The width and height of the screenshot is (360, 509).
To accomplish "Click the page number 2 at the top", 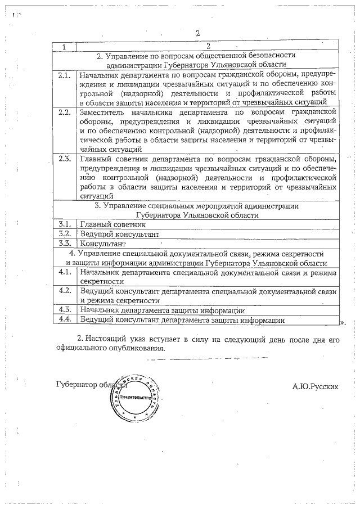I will [198, 33].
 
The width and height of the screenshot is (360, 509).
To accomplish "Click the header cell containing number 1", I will [64, 46].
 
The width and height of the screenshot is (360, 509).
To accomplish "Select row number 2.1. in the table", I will [64, 74].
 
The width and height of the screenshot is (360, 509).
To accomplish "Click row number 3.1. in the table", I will [64, 224].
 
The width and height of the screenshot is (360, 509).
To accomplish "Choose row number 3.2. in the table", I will [64, 233].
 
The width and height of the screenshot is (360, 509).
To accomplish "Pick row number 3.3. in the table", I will [64, 244].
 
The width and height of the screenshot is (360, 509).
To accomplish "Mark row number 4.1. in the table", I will [64, 272].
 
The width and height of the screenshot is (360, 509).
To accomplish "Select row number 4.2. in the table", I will [64, 291].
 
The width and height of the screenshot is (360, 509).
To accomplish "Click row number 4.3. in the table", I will [64, 310].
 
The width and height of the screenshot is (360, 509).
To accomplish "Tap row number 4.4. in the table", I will [64, 319].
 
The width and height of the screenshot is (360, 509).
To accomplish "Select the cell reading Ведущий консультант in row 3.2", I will [120, 234].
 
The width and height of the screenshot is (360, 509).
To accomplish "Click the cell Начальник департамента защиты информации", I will [162, 310].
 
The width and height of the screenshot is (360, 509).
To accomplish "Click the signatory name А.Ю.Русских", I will [316, 386].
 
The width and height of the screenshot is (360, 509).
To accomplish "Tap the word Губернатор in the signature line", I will [76, 385].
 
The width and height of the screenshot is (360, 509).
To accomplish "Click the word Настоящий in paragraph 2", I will [103, 339].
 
